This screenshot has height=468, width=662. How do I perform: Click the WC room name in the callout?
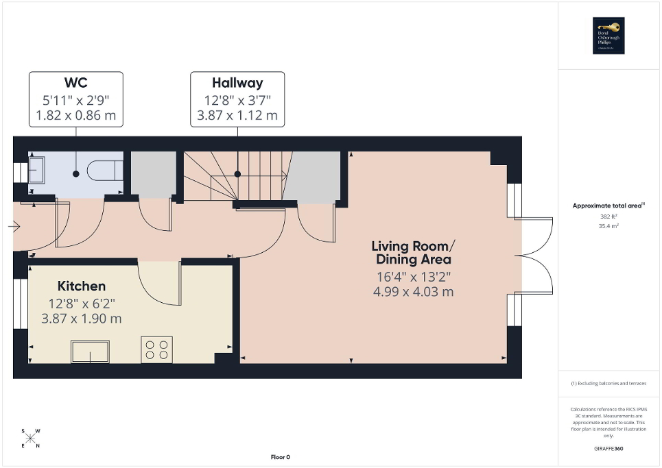(x=75, y=83)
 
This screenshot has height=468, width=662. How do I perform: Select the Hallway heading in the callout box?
(x=237, y=83)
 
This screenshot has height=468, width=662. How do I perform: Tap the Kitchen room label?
(x=82, y=286)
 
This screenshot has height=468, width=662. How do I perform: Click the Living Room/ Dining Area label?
(x=412, y=253)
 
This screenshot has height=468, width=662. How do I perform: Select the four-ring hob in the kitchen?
(x=156, y=349)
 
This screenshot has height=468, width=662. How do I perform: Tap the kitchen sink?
(x=90, y=352)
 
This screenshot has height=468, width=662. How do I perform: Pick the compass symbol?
(x=31, y=438)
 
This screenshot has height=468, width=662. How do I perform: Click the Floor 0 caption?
(x=279, y=457)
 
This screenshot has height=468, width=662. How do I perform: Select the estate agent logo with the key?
(x=609, y=36)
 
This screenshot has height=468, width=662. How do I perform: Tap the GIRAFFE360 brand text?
(x=609, y=448)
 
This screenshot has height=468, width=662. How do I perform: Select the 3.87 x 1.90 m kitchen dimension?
(x=82, y=319)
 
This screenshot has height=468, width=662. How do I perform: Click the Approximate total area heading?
(x=608, y=206)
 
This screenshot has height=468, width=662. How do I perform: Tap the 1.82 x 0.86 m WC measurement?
(x=75, y=115)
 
